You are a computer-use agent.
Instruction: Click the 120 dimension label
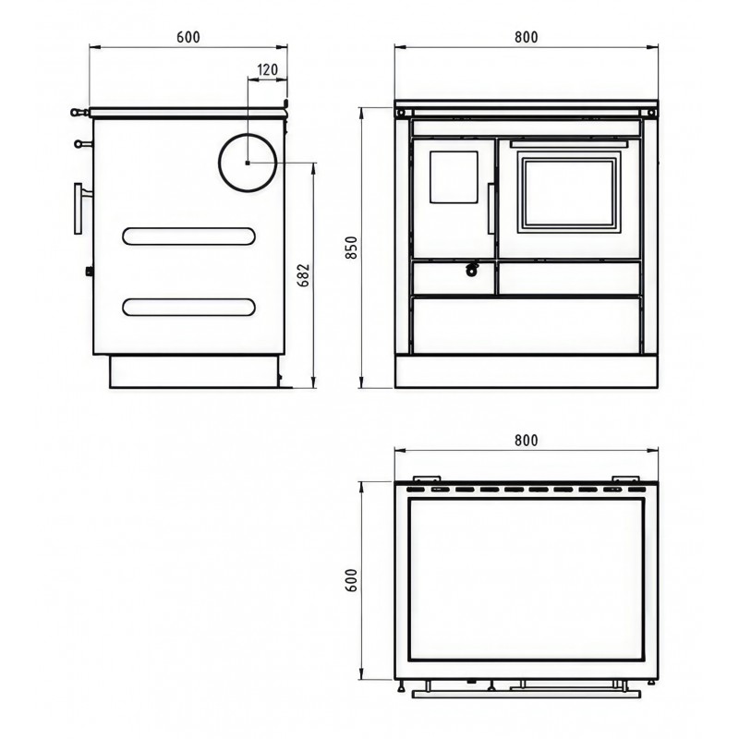pos(268,70)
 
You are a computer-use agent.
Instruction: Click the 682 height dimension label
pos(304,274)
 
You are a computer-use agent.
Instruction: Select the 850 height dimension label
pos(352,248)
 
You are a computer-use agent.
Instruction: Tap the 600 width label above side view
pos(188,37)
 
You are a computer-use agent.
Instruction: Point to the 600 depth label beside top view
pos(352,580)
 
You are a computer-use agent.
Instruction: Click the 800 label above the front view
pos(526,37)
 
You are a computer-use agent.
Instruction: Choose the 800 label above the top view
pos(526,441)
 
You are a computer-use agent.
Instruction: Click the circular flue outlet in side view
pos(248,163)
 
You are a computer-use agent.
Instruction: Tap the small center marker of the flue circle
pos(248,163)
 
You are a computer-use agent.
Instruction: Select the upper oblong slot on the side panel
pos(188,236)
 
